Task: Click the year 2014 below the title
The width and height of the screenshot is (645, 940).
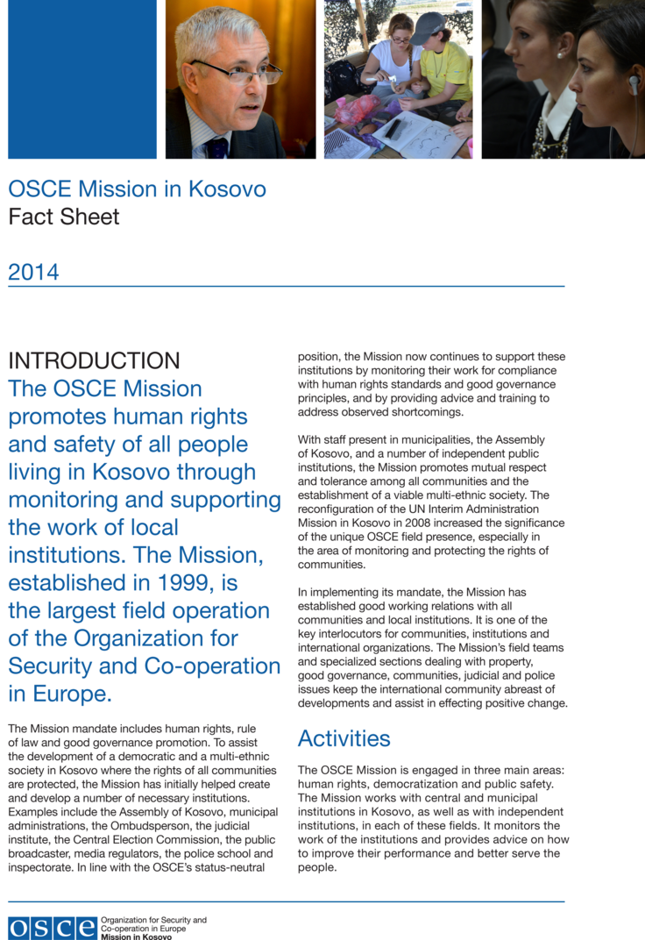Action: click(33, 272)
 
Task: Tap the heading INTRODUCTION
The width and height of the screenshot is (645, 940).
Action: click(94, 360)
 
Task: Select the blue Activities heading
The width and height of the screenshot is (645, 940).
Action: click(344, 738)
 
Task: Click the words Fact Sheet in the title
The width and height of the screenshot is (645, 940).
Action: click(64, 217)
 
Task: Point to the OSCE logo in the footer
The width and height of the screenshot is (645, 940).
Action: click(53, 928)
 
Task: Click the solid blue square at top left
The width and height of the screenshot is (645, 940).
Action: click(82, 79)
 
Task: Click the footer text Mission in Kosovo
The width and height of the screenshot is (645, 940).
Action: click(137, 936)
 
